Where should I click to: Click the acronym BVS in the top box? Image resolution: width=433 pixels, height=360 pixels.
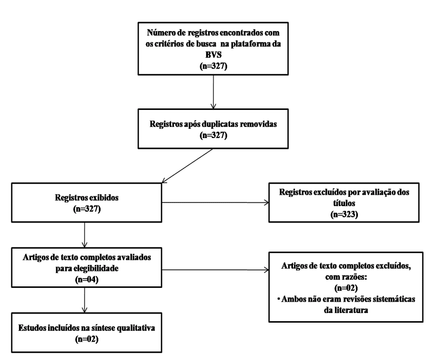point(214,55)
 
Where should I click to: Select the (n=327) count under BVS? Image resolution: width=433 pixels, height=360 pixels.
point(214,66)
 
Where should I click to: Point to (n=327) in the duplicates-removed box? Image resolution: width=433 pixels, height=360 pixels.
point(214,135)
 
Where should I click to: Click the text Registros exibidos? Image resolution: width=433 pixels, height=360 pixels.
point(87,197)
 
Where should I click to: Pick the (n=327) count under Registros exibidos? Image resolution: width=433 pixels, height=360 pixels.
point(87,209)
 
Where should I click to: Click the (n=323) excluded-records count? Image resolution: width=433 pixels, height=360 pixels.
point(344,214)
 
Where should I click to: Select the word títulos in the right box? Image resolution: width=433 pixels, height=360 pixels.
point(344,203)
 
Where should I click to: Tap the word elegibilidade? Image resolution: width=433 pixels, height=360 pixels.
point(96,268)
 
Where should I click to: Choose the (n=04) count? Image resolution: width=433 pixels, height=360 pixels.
point(87,280)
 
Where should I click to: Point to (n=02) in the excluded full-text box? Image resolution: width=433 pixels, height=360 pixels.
point(346,288)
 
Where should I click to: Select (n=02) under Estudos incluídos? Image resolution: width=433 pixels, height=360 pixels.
point(87,339)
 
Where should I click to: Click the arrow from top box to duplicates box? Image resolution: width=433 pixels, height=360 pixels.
point(213,92)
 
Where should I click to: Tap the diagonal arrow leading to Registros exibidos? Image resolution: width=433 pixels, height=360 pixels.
point(187,166)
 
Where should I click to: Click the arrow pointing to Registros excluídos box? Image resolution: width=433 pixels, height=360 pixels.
point(215,202)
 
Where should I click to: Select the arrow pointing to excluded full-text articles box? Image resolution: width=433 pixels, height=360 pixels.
point(215,270)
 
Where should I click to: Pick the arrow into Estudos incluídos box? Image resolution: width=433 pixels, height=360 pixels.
point(84,300)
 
